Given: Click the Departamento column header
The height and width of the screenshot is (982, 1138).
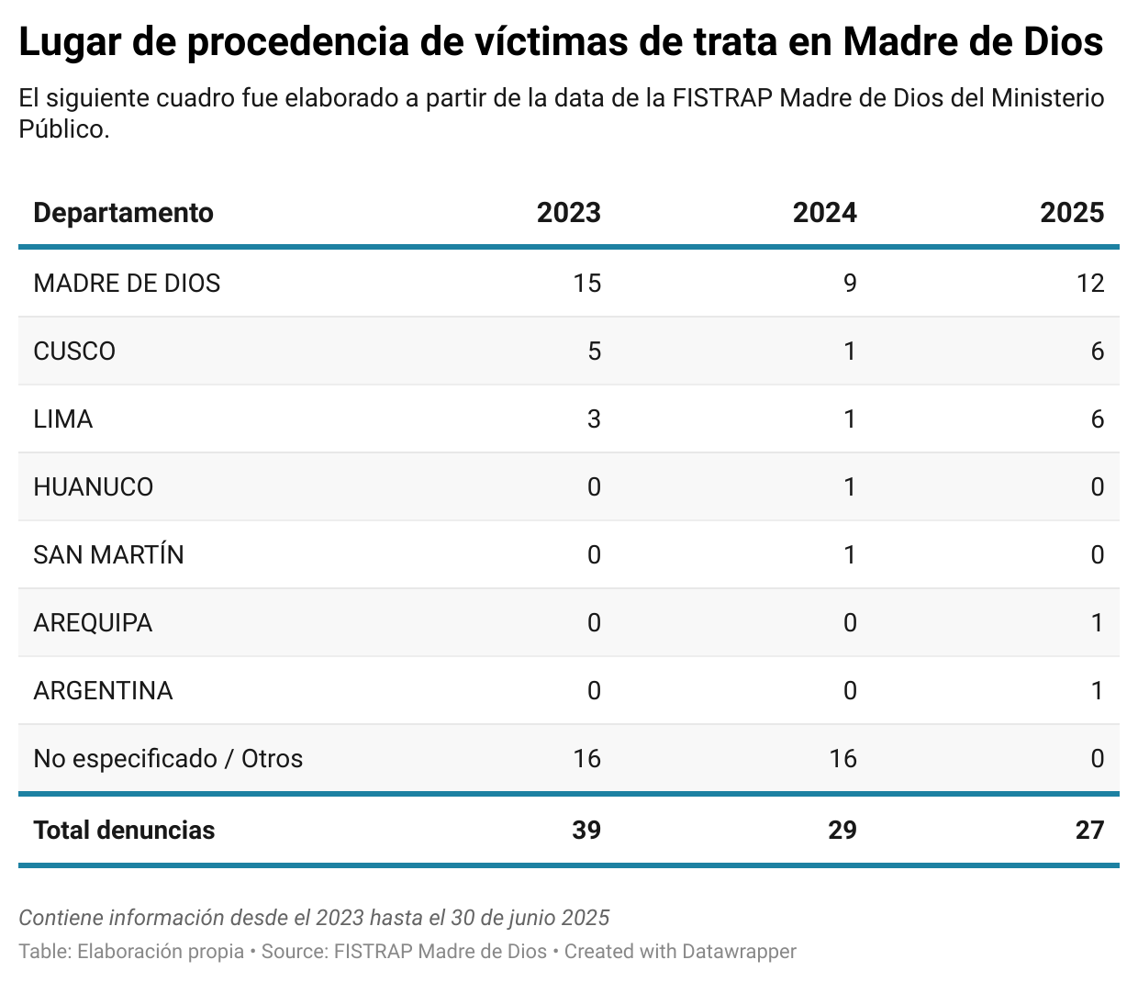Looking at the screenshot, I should (x=123, y=213).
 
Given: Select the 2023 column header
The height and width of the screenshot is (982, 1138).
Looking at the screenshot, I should (x=568, y=213).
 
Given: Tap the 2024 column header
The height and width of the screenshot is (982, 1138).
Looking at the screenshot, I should (x=824, y=213).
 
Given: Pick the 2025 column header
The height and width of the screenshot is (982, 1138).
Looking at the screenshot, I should (x=1072, y=213).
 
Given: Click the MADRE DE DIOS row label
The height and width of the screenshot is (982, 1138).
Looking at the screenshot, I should (x=127, y=283).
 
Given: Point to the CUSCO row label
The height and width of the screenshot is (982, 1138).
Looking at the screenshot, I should (x=74, y=352).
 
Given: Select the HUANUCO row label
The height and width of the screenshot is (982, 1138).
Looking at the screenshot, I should (x=93, y=486).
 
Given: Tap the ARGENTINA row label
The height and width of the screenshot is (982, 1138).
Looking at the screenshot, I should (x=103, y=690).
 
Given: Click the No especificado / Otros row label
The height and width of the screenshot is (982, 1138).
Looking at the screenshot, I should (x=168, y=758).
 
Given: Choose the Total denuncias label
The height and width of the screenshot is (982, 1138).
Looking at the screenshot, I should (x=124, y=830).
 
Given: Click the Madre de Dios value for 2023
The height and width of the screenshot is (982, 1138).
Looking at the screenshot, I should (x=586, y=283).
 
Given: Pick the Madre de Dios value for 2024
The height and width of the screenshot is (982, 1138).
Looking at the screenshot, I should (x=849, y=283).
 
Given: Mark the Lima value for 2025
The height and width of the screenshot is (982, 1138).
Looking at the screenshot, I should (x=1097, y=419).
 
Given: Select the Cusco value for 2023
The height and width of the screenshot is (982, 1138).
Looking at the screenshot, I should (x=594, y=352).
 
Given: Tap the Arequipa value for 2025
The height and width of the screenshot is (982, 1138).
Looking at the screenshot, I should (x=1097, y=623).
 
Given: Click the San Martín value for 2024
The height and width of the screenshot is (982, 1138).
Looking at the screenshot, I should (x=849, y=555).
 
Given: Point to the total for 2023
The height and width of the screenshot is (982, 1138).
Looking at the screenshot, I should (x=586, y=830).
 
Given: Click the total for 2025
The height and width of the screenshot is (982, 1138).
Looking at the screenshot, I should (x=1089, y=830).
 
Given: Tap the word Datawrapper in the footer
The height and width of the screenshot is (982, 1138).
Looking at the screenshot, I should (x=739, y=952).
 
